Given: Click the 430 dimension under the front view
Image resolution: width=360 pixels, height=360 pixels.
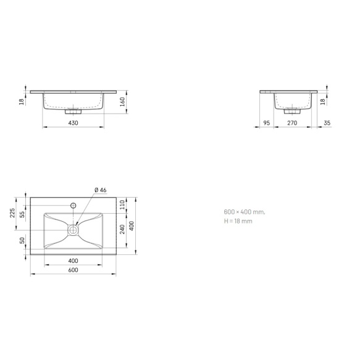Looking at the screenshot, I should (x=72, y=123).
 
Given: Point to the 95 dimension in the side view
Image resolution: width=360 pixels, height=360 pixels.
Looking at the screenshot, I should (x=266, y=123).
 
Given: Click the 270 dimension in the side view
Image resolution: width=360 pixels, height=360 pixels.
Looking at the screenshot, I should (x=293, y=123).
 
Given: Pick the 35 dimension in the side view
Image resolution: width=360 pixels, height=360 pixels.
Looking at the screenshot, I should (x=327, y=123).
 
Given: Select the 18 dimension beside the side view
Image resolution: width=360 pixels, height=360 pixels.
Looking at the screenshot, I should (x=322, y=101).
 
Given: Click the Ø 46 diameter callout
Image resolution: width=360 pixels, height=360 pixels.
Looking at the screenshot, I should (x=100, y=190).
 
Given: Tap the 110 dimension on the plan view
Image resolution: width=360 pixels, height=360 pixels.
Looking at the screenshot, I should (x=122, y=204).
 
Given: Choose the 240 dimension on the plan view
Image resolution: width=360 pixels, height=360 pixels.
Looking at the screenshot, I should (x=122, y=228).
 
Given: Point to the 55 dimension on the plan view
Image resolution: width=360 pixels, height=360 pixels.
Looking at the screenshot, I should (x=22, y=214).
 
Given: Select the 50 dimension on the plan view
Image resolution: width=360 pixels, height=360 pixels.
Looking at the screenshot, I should (x=22, y=241).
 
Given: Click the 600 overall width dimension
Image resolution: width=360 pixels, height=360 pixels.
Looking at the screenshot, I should (x=72, y=270).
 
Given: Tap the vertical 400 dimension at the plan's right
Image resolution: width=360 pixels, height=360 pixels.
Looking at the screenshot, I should (x=132, y=225).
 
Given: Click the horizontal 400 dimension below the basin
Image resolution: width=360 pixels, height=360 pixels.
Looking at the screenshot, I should (x=72, y=261).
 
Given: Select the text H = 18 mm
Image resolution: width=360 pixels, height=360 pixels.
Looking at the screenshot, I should (x=238, y=220).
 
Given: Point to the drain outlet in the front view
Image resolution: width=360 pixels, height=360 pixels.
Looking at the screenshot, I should (x=73, y=112).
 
